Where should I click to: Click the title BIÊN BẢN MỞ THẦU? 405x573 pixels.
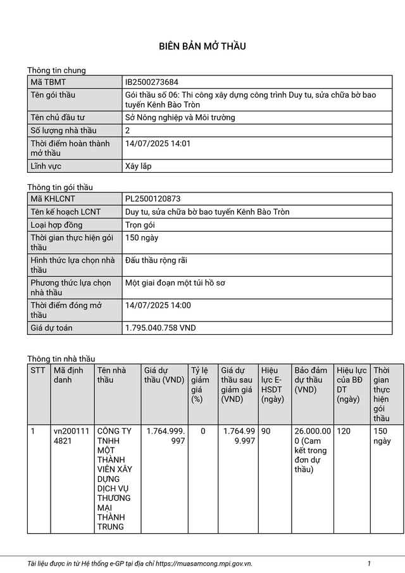[x=202, y=46]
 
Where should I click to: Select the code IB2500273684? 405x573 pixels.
[x=151, y=82]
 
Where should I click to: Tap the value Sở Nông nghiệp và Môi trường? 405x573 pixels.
[x=180, y=118]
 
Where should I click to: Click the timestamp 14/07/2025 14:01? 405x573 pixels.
[x=158, y=144]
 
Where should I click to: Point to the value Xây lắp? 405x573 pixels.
[x=138, y=167]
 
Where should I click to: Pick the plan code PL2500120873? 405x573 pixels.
[x=153, y=199]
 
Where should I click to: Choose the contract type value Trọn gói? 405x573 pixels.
[x=140, y=225]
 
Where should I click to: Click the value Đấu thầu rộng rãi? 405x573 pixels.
[x=156, y=260]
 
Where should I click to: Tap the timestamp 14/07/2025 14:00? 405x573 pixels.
[x=158, y=305]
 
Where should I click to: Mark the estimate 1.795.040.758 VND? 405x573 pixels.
[x=161, y=328]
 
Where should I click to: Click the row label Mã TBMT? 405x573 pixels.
[x=48, y=82]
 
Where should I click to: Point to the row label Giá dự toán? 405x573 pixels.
[x=51, y=328]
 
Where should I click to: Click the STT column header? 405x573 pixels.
[x=38, y=370]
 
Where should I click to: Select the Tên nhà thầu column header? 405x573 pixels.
[x=111, y=375]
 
